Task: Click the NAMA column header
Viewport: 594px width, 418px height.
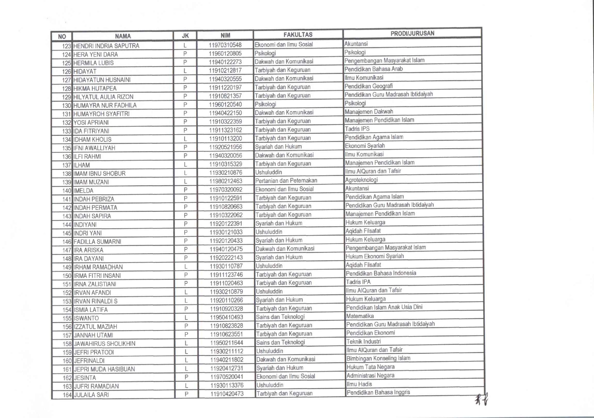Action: [x=123, y=36]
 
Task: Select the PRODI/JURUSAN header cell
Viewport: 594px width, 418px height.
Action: [x=412, y=33]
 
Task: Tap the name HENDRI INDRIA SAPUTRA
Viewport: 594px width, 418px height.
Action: [x=106, y=46]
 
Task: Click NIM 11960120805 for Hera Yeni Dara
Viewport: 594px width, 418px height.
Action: [x=225, y=54]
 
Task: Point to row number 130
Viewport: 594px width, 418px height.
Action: [x=66, y=105]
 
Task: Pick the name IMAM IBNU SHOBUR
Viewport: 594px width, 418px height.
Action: [x=99, y=173]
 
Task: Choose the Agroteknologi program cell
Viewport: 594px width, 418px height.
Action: [x=361, y=180]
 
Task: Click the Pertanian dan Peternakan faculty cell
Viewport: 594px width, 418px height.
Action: [x=286, y=181]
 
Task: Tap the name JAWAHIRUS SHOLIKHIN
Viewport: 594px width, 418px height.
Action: [x=104, y=344]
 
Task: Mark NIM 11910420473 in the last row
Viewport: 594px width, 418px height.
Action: [x=227, y=394]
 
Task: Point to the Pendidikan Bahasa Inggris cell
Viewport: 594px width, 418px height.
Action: [x=378, y=392]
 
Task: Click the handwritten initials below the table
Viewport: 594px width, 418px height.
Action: [x=481, y=399]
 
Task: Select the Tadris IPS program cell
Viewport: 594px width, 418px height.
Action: [x=357, y=129]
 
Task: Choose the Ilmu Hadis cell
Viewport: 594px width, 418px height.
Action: [x=359, y=384]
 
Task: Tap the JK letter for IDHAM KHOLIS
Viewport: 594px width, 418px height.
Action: [x=185, y=139]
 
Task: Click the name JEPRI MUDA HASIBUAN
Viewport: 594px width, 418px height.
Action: [x=104, y=369]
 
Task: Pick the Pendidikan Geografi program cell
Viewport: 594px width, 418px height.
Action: [x=368, y=86]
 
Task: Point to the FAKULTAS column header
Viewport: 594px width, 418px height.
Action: [x=298, y=35]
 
